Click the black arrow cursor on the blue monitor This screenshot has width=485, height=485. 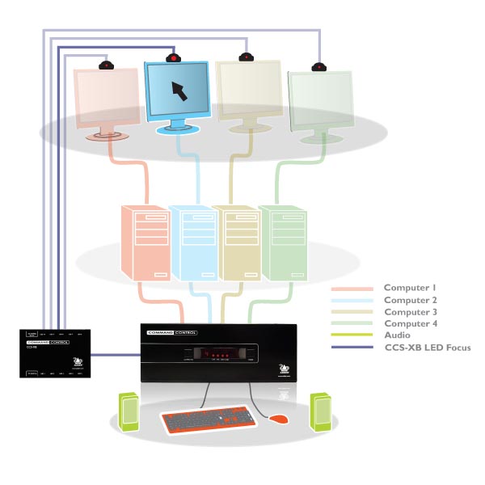[179, 90]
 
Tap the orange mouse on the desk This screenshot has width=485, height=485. [278, 420]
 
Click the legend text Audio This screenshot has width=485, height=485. [397, 335]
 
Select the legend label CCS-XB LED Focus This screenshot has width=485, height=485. [427, 348]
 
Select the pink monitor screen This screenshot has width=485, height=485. [106, 98]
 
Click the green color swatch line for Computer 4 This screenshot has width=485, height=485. [352, 323]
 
